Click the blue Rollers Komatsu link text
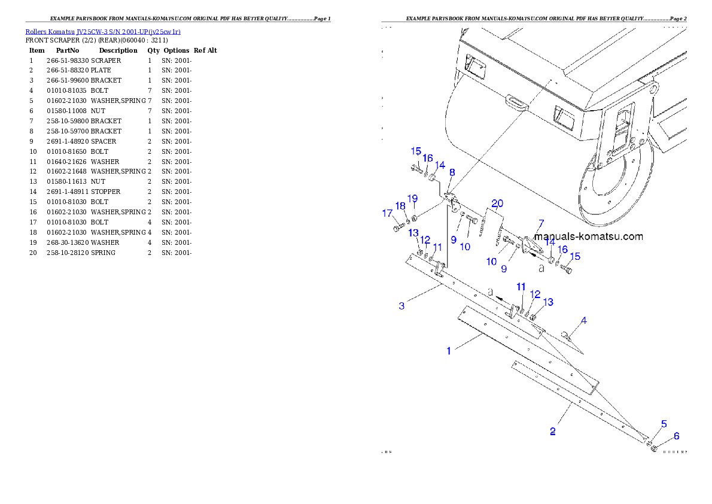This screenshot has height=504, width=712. coord(103,31)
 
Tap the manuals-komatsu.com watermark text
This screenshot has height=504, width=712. coord(589,236)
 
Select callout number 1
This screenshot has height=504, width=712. coord(449,351)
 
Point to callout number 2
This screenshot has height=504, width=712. coord(553,431)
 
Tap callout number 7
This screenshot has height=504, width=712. coord(540,224)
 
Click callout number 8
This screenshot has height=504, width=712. coord(452,172)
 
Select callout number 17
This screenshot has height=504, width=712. coord(388,214)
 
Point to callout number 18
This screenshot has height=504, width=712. coord(400,207)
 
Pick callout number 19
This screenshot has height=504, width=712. coord(413,199)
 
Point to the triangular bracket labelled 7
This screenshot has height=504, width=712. coord(530,246)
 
